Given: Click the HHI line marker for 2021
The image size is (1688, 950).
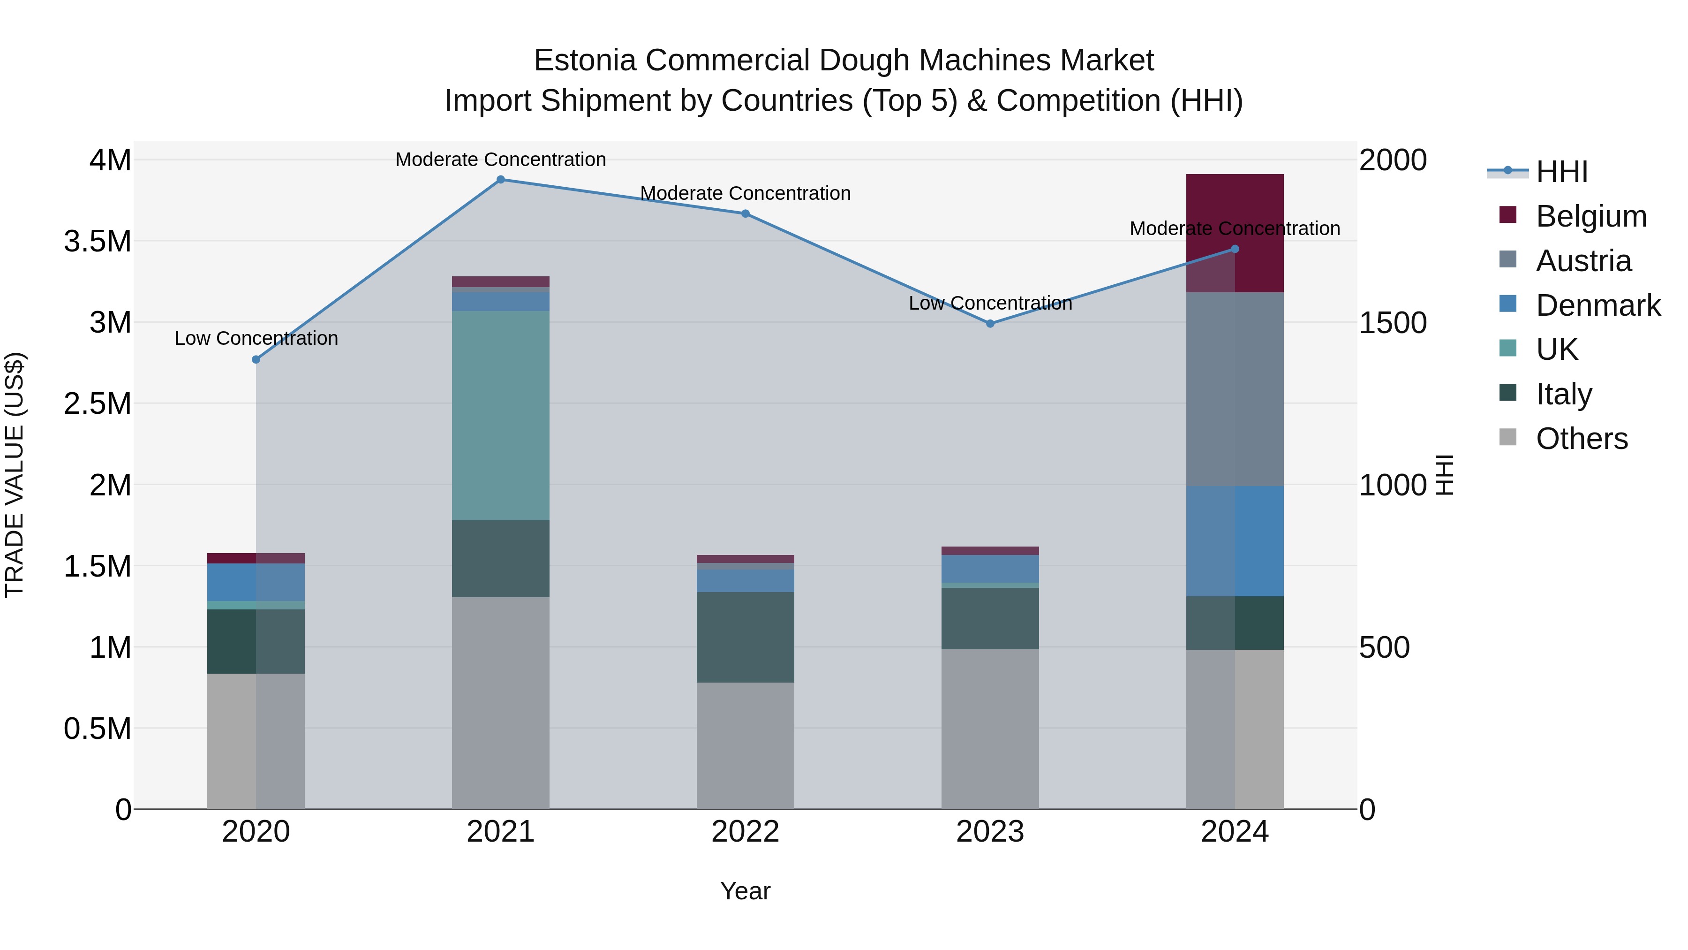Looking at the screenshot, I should [x=501, y=179].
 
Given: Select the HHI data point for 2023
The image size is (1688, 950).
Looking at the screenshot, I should [x=990, y=323].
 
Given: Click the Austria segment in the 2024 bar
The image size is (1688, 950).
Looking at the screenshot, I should [x=1235, y=389].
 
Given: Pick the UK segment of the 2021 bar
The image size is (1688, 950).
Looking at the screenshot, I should [x=501, y=415].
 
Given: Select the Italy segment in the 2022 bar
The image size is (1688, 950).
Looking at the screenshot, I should [x=745, y=637].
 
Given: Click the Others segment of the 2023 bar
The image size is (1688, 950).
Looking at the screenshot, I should [x=990, y=729].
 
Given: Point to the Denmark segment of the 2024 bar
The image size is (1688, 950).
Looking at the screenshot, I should [x=1235, y=540].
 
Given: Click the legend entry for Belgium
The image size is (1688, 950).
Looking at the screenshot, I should [x=1590, y=216].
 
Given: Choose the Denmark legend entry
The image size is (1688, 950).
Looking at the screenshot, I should [x=1598, y=305].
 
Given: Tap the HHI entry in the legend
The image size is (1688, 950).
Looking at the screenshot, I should [x=1561, y=172].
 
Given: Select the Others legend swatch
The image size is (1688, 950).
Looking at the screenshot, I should [x=1508, y=437].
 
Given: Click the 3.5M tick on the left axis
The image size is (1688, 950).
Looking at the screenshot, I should [x=98, y=241].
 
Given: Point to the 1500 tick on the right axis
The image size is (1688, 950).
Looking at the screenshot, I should [x=1393, y=323].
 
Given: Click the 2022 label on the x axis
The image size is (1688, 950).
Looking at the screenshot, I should [x=745, y=831].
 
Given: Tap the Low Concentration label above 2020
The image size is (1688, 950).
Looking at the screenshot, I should [x=256, y=338].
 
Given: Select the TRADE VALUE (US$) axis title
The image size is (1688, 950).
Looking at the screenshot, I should [x=15, y=475].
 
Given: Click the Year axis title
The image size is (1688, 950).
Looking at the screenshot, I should [x=745, y=891].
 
